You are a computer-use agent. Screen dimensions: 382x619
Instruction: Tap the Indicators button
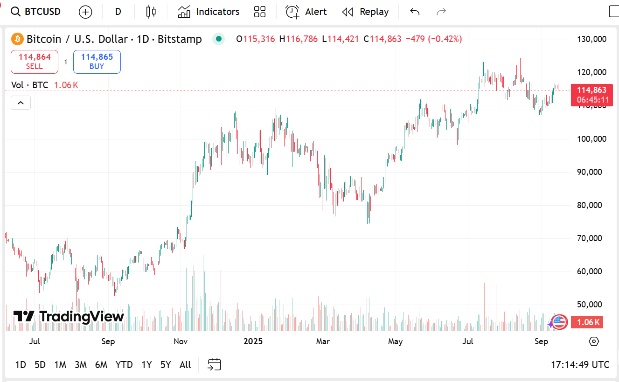(x=209, y=12)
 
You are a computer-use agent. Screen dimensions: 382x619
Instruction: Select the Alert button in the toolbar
(x=306, y=12)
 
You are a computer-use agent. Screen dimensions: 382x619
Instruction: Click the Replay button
(x=365, y=12)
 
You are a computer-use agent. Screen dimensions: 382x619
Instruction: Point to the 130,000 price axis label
(x=591, y=39)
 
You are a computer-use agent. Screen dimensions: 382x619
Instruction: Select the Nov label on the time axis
(x=181, y=341)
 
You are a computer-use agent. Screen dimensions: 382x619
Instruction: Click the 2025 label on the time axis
(x=253, y=341)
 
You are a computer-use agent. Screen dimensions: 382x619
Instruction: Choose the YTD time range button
(x=124, y=365)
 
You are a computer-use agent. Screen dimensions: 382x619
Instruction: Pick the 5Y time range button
(x=166, y=365)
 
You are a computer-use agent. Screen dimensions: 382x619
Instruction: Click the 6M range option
(x=101, y=365)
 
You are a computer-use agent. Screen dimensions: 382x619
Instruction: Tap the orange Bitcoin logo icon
(x=17, y=39)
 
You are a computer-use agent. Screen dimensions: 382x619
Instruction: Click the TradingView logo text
(x=69, y=317)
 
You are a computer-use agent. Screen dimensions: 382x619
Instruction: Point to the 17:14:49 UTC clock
(x=580, y=365)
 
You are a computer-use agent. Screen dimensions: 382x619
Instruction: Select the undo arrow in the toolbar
(x=415, y=12)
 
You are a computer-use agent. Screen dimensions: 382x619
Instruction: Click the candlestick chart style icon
(x=151, y=12)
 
